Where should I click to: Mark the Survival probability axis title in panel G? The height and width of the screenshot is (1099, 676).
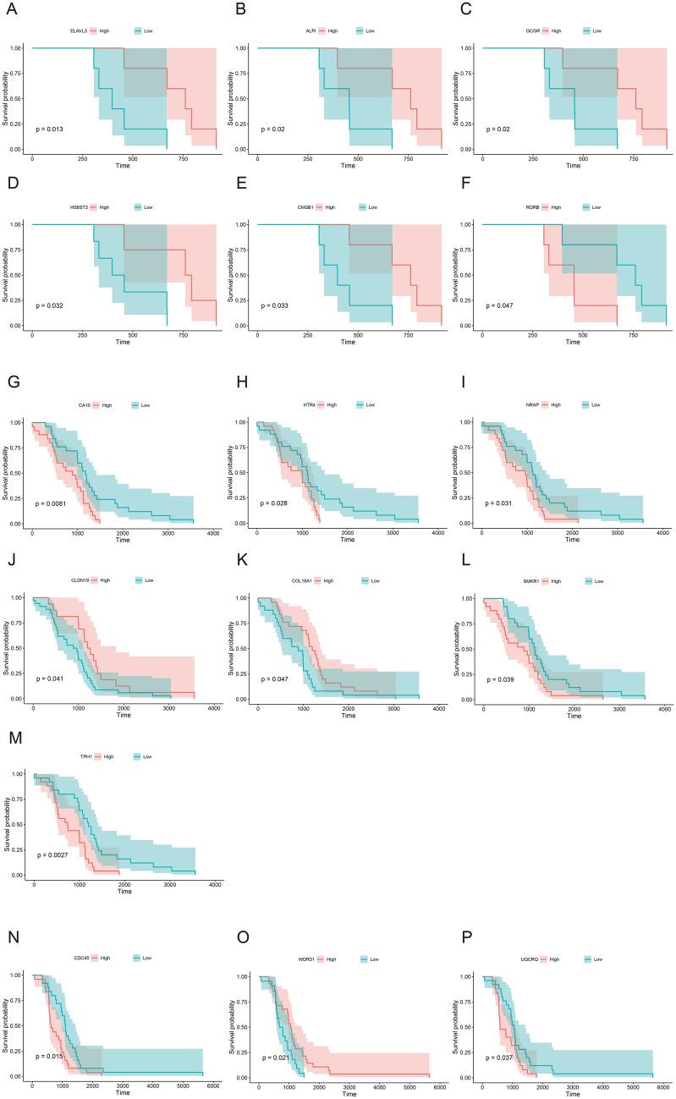(x=5, y=473)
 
